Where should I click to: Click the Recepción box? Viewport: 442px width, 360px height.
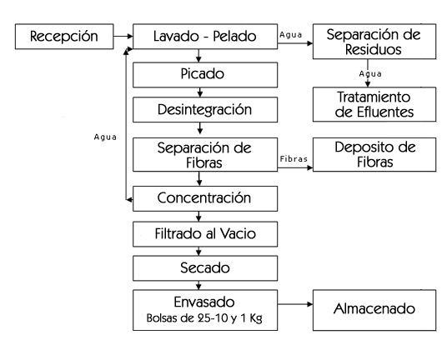coord(64,37)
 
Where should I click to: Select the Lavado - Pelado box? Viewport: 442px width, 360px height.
coord(205,37)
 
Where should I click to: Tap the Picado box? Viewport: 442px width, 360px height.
coord(205,75)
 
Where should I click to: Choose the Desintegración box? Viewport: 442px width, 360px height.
coord(205,109)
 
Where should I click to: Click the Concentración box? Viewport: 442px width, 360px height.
coord(205,198)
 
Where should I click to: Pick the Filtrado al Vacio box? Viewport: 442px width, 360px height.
coord(205,234)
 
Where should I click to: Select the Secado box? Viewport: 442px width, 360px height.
coord(205,268)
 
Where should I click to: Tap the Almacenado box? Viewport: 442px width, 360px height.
coord(374,310)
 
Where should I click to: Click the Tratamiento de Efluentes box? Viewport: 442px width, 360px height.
coord(374,104)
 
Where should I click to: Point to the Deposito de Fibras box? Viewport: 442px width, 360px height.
coord(374,155)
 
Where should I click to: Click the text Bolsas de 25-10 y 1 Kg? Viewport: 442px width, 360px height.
coord(204,318)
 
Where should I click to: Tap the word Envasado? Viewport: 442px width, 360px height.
coord(204,302)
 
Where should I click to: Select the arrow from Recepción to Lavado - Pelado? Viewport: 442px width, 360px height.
coord(123,36)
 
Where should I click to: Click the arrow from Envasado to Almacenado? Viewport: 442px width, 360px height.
coord(295,304)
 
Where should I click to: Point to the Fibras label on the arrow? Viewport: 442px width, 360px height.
coord(294,159)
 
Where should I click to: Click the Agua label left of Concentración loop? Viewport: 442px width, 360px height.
coord(105,137)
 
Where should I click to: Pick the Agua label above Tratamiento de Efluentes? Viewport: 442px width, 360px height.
coord(370,74)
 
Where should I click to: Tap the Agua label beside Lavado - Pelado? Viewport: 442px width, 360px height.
coord(290,35)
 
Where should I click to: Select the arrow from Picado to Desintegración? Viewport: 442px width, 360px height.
coord(200,92)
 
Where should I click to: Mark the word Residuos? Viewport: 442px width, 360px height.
coord(374,49)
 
